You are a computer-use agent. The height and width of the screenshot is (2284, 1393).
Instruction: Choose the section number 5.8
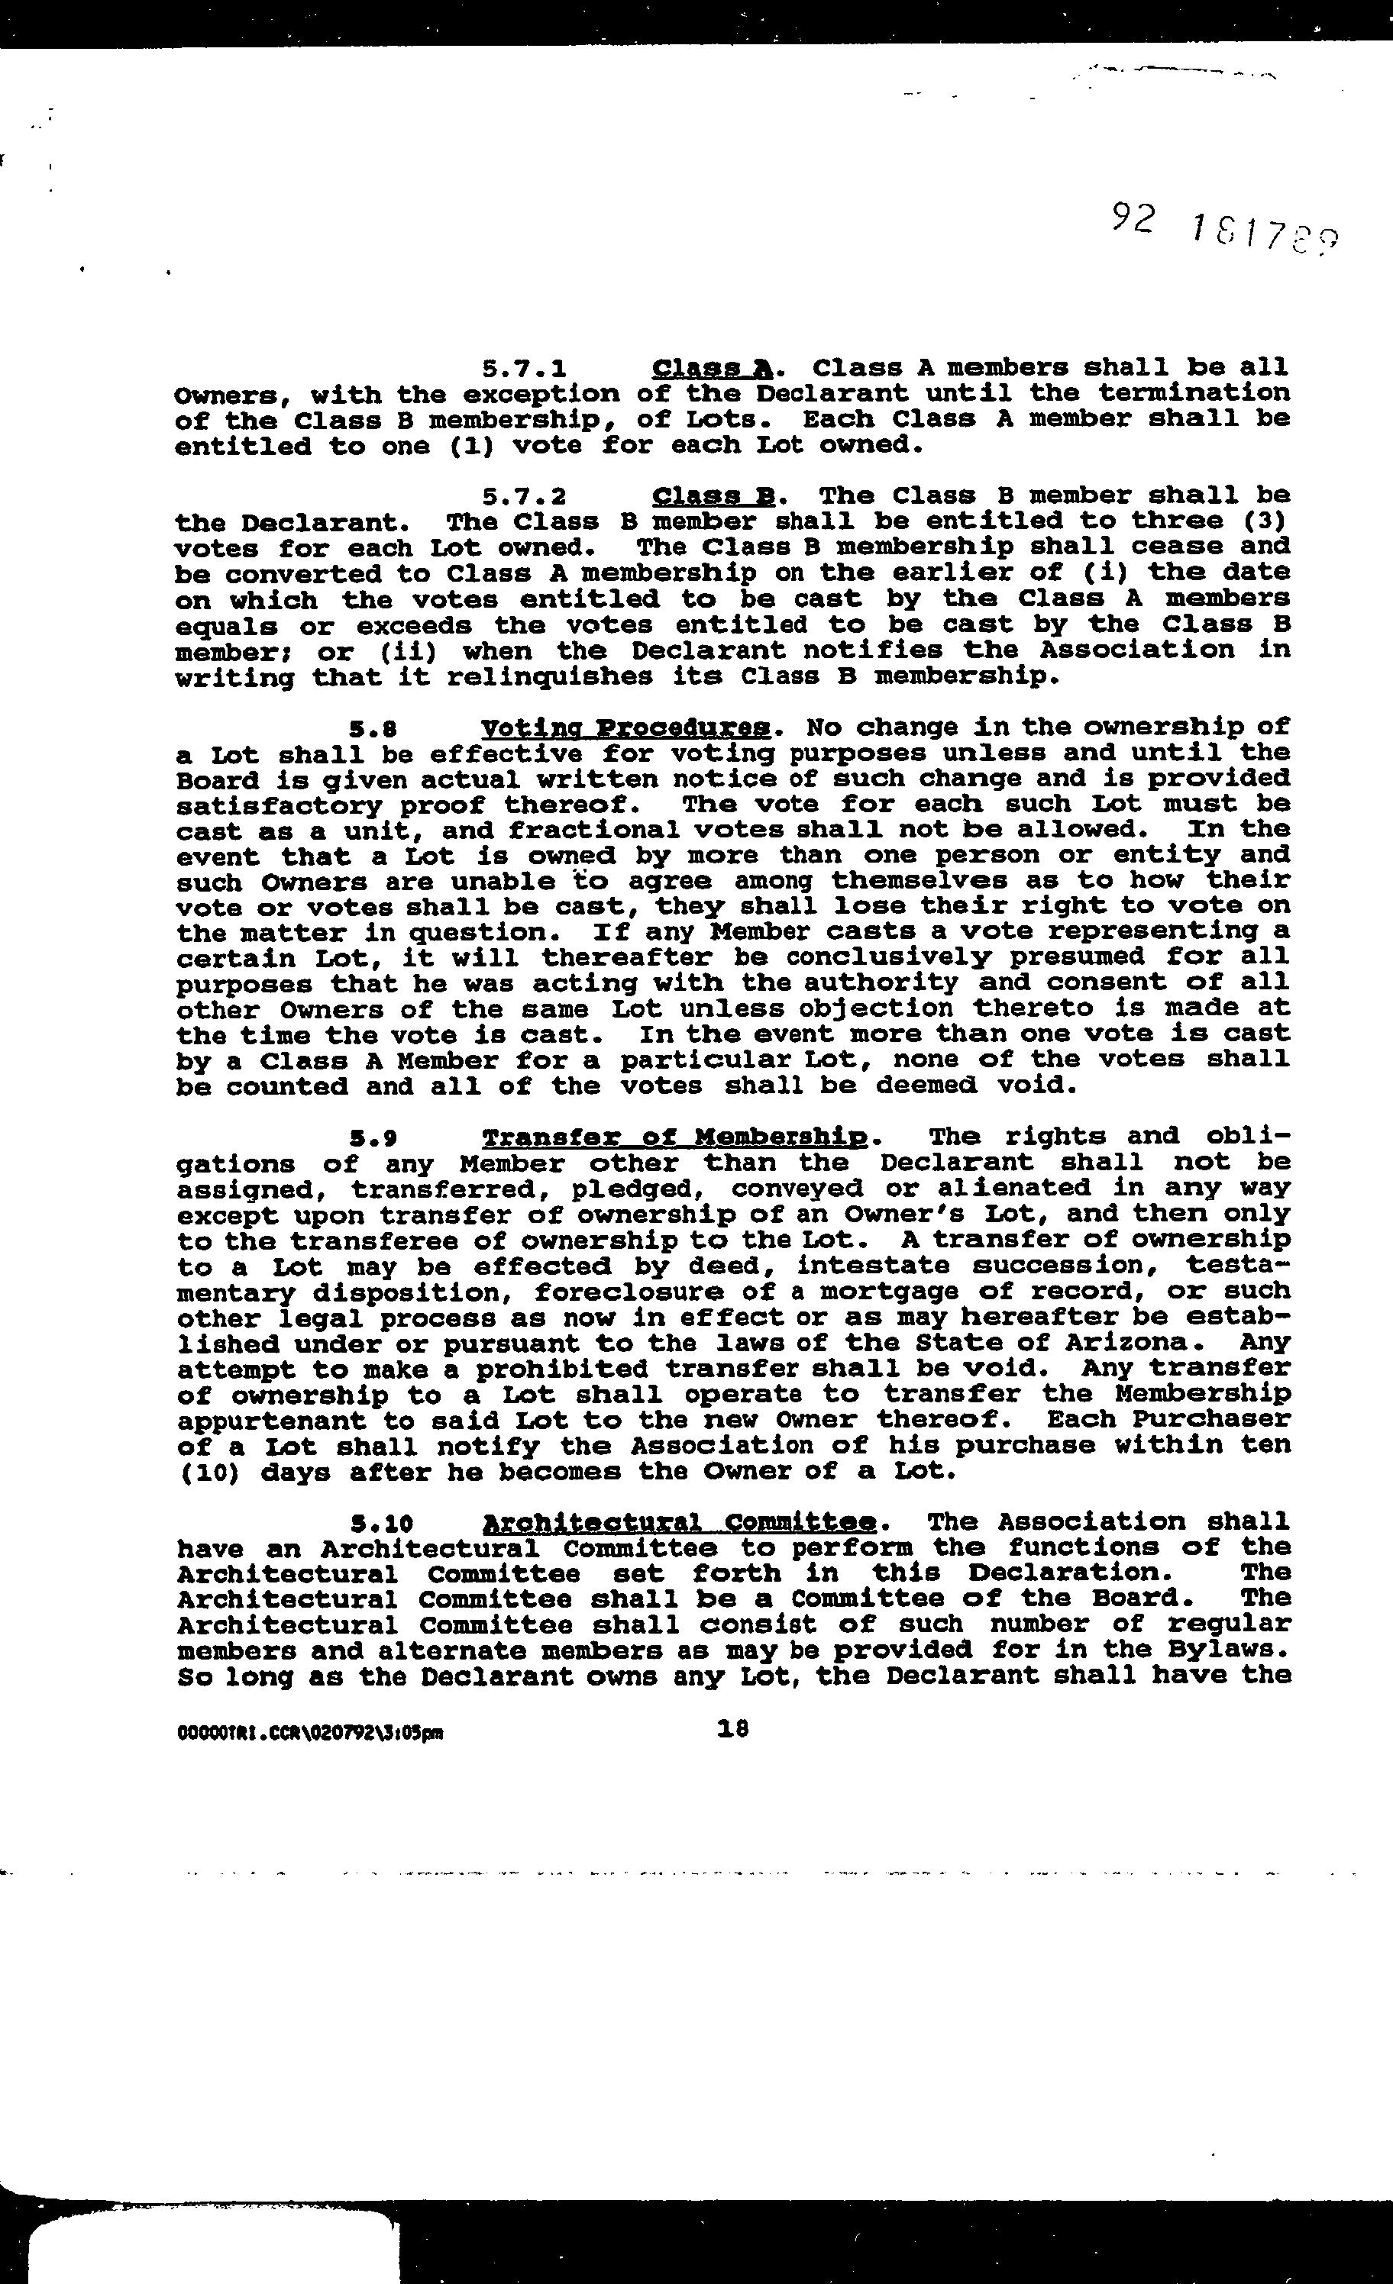pyautogui.click(x=373, y=728)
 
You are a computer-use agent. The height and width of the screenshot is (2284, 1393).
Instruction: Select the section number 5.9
pyautogui.click(x=373, y=1138)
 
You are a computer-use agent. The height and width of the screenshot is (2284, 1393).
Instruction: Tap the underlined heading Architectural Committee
pyautogui.click(x=680, y=1523)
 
